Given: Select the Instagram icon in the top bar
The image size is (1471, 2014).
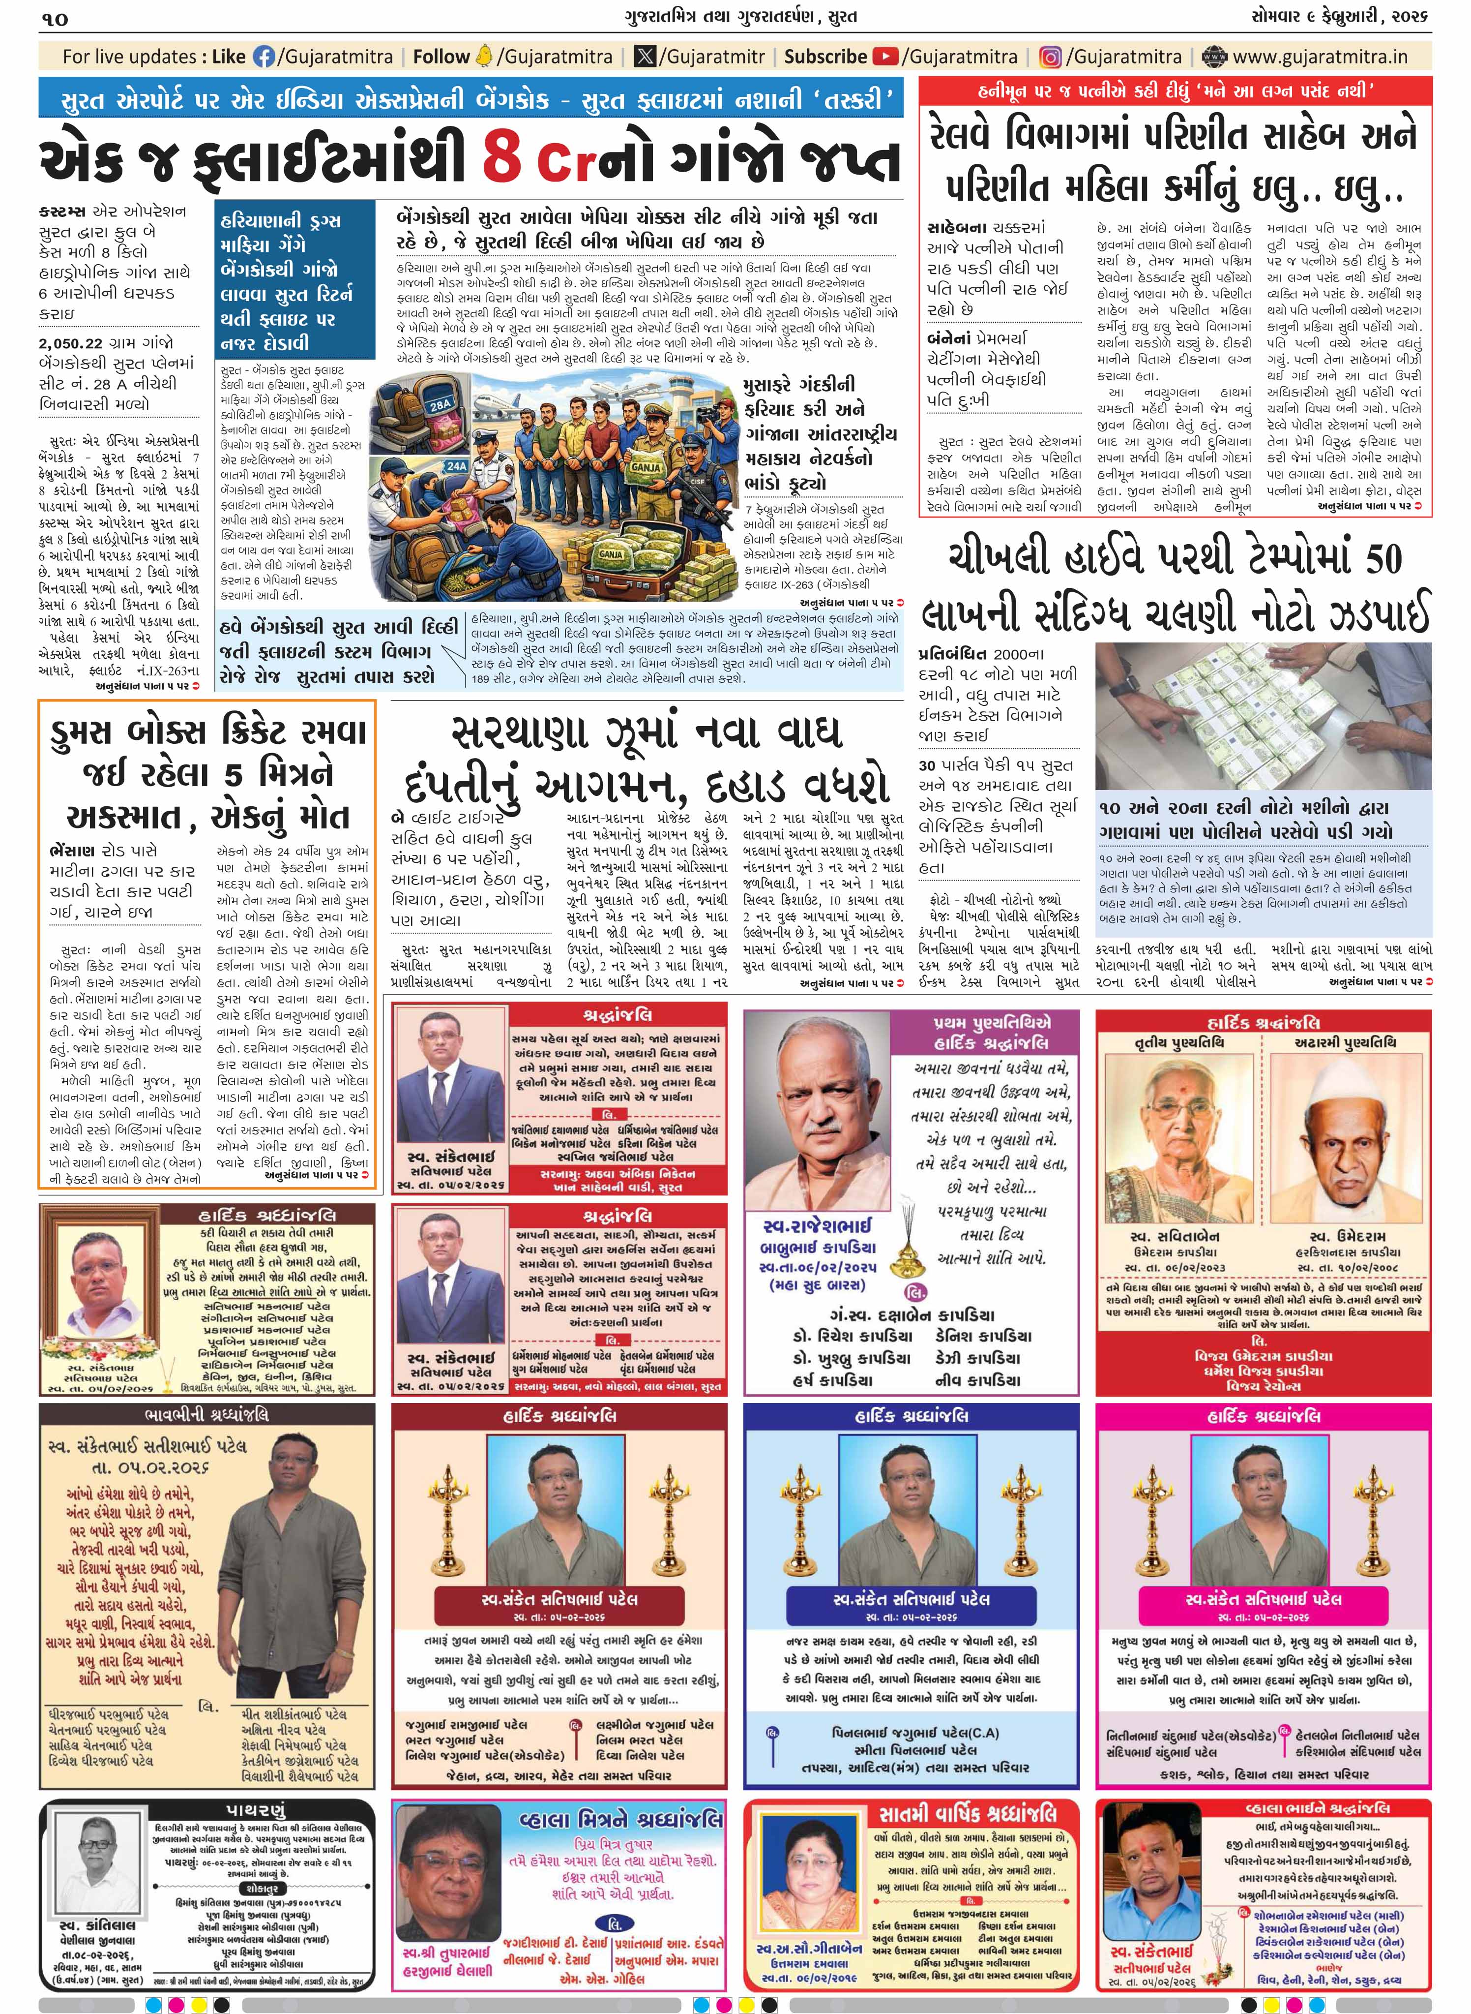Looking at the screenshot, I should click(x=1051, y=57).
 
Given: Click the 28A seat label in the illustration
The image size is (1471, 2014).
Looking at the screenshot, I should click(x=440, y=404).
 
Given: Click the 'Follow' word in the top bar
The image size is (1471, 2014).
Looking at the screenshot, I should click(x=441, y=57).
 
